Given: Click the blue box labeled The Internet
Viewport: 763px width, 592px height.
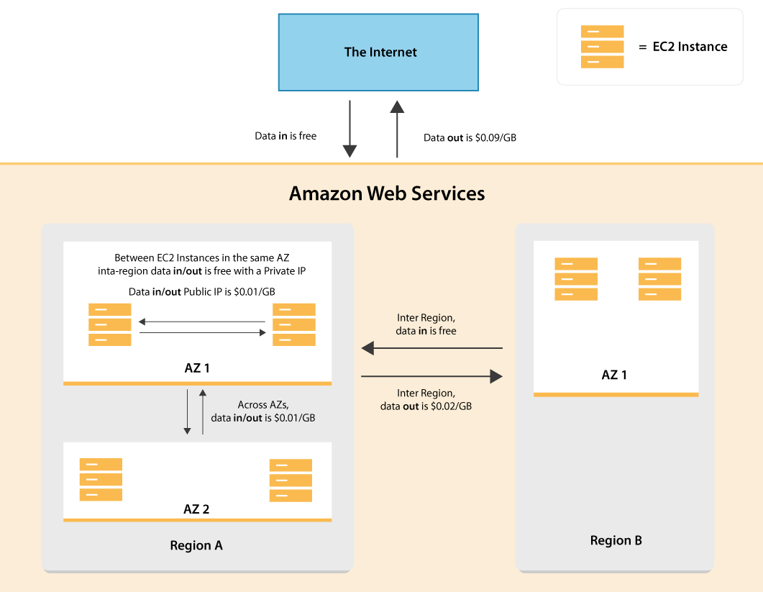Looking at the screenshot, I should pyautogui.click(x=378, y=53).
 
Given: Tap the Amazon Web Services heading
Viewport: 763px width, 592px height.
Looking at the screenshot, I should pyautogui.click(x=387, y=193).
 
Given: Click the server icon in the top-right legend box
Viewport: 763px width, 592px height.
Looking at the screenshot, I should pyautogui.click(x=602, y=47).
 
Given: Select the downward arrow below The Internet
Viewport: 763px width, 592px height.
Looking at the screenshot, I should pyautogui.click(x=349, y=129).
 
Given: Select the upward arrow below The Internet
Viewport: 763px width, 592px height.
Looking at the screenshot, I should pyautogui.click(x=397, y=129).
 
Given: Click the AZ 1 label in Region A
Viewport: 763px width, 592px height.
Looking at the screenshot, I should pyautogui.click(x=197, y=368).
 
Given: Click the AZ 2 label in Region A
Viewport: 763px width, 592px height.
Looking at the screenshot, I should pyautogui.click(x=196, y=509).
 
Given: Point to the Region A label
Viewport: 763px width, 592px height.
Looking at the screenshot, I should pyautogui.click(x=196, y=545).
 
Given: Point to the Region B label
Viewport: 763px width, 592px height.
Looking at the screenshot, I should pyautogui.click(x=616, y=540).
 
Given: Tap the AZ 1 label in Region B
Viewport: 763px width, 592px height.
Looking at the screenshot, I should pyautogui.click(x=614, y=375).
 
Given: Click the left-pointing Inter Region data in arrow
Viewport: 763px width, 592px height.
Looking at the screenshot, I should pyautogui.click(x=431, y=349).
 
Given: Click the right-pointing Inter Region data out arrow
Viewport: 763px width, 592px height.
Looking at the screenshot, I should pyautogui.click(x=431, y=376).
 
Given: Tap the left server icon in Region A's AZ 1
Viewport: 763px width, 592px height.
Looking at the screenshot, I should pyautogui.click(x=110, y=324).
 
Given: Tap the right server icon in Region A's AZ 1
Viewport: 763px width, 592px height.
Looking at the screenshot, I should pyautogui.click(x=293, y=324).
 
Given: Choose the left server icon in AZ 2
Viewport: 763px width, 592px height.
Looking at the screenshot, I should pyautogui.click(x=101, y=479).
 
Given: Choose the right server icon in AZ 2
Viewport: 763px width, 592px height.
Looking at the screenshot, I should pyautogui.click(x=291, y=481).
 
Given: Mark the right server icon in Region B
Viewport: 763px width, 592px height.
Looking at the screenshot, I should pyautogui.click(x=659, y=279).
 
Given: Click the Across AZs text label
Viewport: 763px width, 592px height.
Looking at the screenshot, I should pyautogui.click(x=262, y=404).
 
